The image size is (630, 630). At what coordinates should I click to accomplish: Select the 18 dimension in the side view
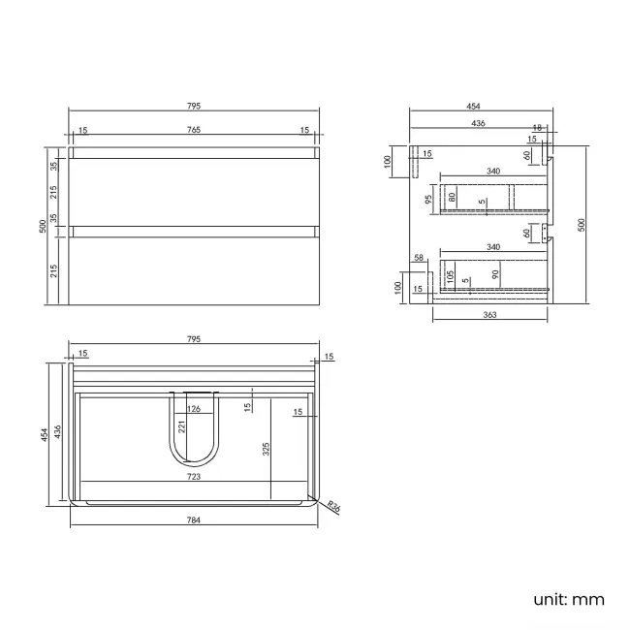coord(536,127)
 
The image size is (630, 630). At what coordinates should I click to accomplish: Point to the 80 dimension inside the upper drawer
coord(451,198)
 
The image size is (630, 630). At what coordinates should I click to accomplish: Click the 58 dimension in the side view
coord(419,258)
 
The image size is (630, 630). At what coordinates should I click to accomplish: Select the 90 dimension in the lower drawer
coord(495,275)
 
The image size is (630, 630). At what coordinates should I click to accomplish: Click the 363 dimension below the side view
coord(489,315)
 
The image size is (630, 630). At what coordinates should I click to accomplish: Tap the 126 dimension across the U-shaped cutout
coord(194,409)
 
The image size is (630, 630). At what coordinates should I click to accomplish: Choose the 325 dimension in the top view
coord(265,449)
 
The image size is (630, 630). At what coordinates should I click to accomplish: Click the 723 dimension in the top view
coord(194,477)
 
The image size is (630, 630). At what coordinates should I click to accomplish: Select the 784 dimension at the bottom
coord(194,520)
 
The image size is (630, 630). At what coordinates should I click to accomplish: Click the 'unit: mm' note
coord(568,599)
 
